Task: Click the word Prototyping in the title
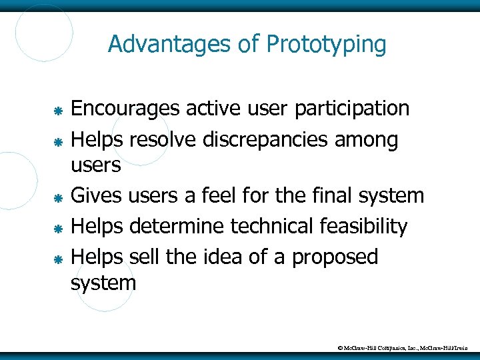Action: click(326, 45)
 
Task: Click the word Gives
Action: click(96, 195)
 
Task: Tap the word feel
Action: click(237, 195)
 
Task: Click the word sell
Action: click(144, 257)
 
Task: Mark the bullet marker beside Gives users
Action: click(58, 197)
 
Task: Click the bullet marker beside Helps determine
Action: click(58, 228)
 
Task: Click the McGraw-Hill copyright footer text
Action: click(403, 347)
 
